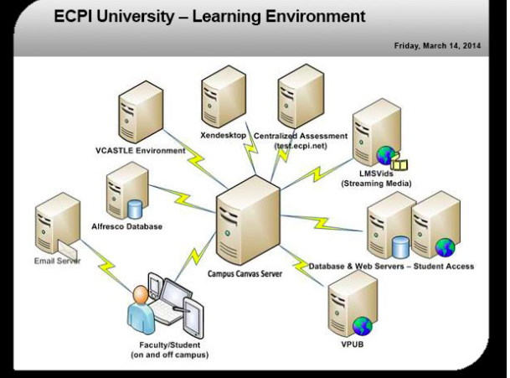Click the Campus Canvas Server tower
[x=248, y=221]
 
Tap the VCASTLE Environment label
[x=140, y=151]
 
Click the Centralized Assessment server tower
[x=301, y=96]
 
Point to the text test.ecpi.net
[x=301, y=146]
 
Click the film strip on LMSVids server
[x=399, y=163]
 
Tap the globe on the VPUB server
[x=363, y=326]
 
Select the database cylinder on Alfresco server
[x=135, y=210]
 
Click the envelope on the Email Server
[x=68, y=250]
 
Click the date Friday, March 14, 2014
[x=437, y=45]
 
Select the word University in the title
[x=135, y=16]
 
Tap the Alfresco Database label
[x=126, y=226]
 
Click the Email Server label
[x=57, y=261]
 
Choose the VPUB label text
[x=353, y=344]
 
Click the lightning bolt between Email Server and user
[x=106, y=266]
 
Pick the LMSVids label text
[x=376, y=173]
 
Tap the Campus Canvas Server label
[x=245, y=274]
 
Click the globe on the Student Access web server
[x=446, y=248]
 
